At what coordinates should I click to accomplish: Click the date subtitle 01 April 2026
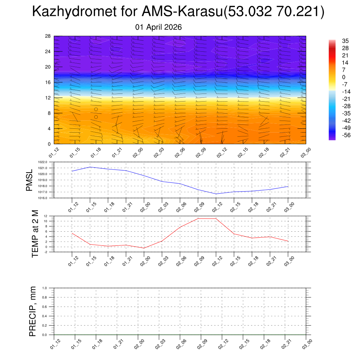159,27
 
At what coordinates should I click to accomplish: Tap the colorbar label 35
345,41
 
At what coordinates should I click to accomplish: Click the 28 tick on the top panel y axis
48,36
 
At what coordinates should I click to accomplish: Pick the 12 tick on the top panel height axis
48,98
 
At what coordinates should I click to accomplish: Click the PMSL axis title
29,180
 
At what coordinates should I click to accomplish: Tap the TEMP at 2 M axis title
34,234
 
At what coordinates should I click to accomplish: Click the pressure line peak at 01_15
90,167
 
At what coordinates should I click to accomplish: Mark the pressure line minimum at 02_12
216,194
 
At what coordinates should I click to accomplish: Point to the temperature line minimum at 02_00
144,248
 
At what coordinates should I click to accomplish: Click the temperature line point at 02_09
198,219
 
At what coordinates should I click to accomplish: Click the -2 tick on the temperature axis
46,252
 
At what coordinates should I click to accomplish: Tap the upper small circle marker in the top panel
96,109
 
